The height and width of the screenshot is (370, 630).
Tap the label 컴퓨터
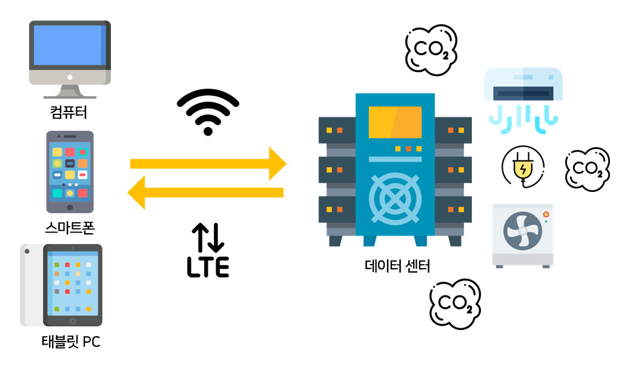click(69, 113)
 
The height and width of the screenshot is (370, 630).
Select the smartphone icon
click(70, 171)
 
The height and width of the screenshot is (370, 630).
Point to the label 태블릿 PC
click(70, 342)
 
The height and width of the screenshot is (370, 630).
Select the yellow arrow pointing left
click(206, 193)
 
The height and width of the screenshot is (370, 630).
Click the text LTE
click(208, 267)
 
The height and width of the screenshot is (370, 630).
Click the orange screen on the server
click(394, 122)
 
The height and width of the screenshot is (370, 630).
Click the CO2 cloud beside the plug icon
click(586, 169)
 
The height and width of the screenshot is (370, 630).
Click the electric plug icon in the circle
click(523, 165)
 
